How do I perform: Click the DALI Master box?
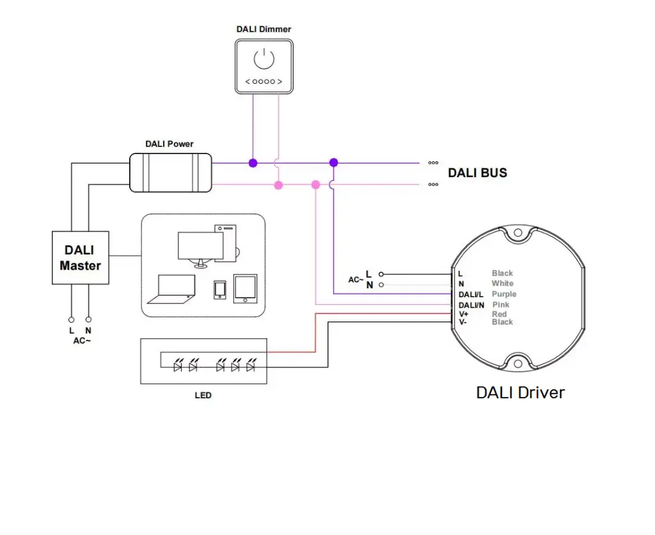[x=80, y=258]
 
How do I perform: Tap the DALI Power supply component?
[x=170, y=173]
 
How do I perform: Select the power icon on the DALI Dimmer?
[x=264, y=59]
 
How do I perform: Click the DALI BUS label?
[x=477, y=173]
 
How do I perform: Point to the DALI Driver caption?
[x=520, y=392]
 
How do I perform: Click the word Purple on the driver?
[x=504, y=294]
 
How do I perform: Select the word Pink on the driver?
[x=501, y=305]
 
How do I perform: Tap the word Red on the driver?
[x=500, y=314]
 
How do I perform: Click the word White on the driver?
[x=502, y=283]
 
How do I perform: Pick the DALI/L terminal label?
[x=471, y=294]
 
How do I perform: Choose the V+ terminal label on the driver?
[x=464, y=314]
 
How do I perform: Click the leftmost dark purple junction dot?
[x=253, y=163]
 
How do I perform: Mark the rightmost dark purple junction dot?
[x=333, y=163]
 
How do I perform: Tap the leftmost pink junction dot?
[x=278, y=185]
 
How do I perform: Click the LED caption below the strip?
[x=203, y=395]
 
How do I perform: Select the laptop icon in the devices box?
[x=171, y=289]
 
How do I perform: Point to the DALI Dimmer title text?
[x=264, y=29]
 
